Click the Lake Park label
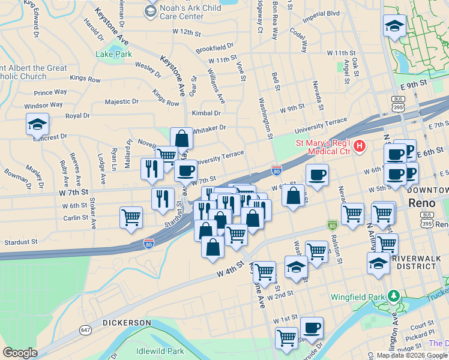click(x=113, y=54)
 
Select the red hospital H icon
click(x=359, y=145)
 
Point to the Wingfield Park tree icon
click(x=393, y=296)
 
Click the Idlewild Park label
click(x=160, y=350)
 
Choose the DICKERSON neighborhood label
click(x=126, y=323)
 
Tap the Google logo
click(x=19, y=353)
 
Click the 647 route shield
click(x=85, y=330)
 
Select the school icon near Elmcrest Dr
click(x=37, y=125)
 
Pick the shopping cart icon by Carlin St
click(x=131, y=217)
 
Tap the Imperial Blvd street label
click(x=321, y=30)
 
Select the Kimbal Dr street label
click(x=206, y=113)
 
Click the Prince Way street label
click(x=50, y=92)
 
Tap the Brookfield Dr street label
click(x=214, y=46)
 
